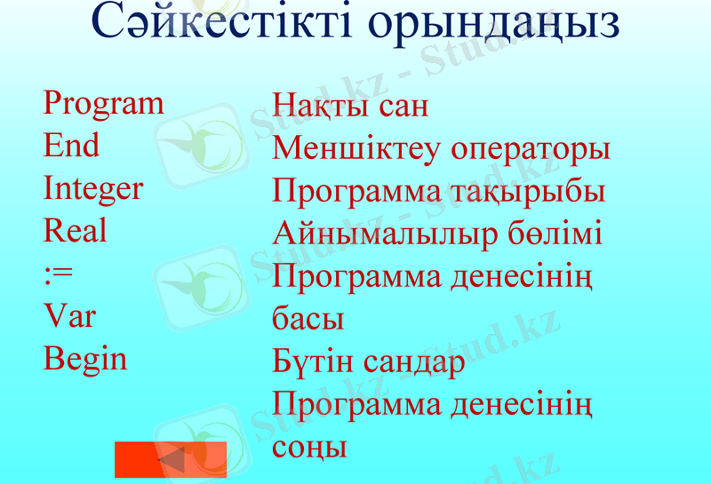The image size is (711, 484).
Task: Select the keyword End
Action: coord(71,147)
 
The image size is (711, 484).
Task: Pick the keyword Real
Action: coord(75,232)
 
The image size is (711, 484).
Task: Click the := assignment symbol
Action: coord(58,274)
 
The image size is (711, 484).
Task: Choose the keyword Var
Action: coord(69,316)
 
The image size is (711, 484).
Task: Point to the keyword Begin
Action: coord(85,360)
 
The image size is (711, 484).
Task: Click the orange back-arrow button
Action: coord(171,459)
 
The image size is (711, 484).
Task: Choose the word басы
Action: coord(308,318)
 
